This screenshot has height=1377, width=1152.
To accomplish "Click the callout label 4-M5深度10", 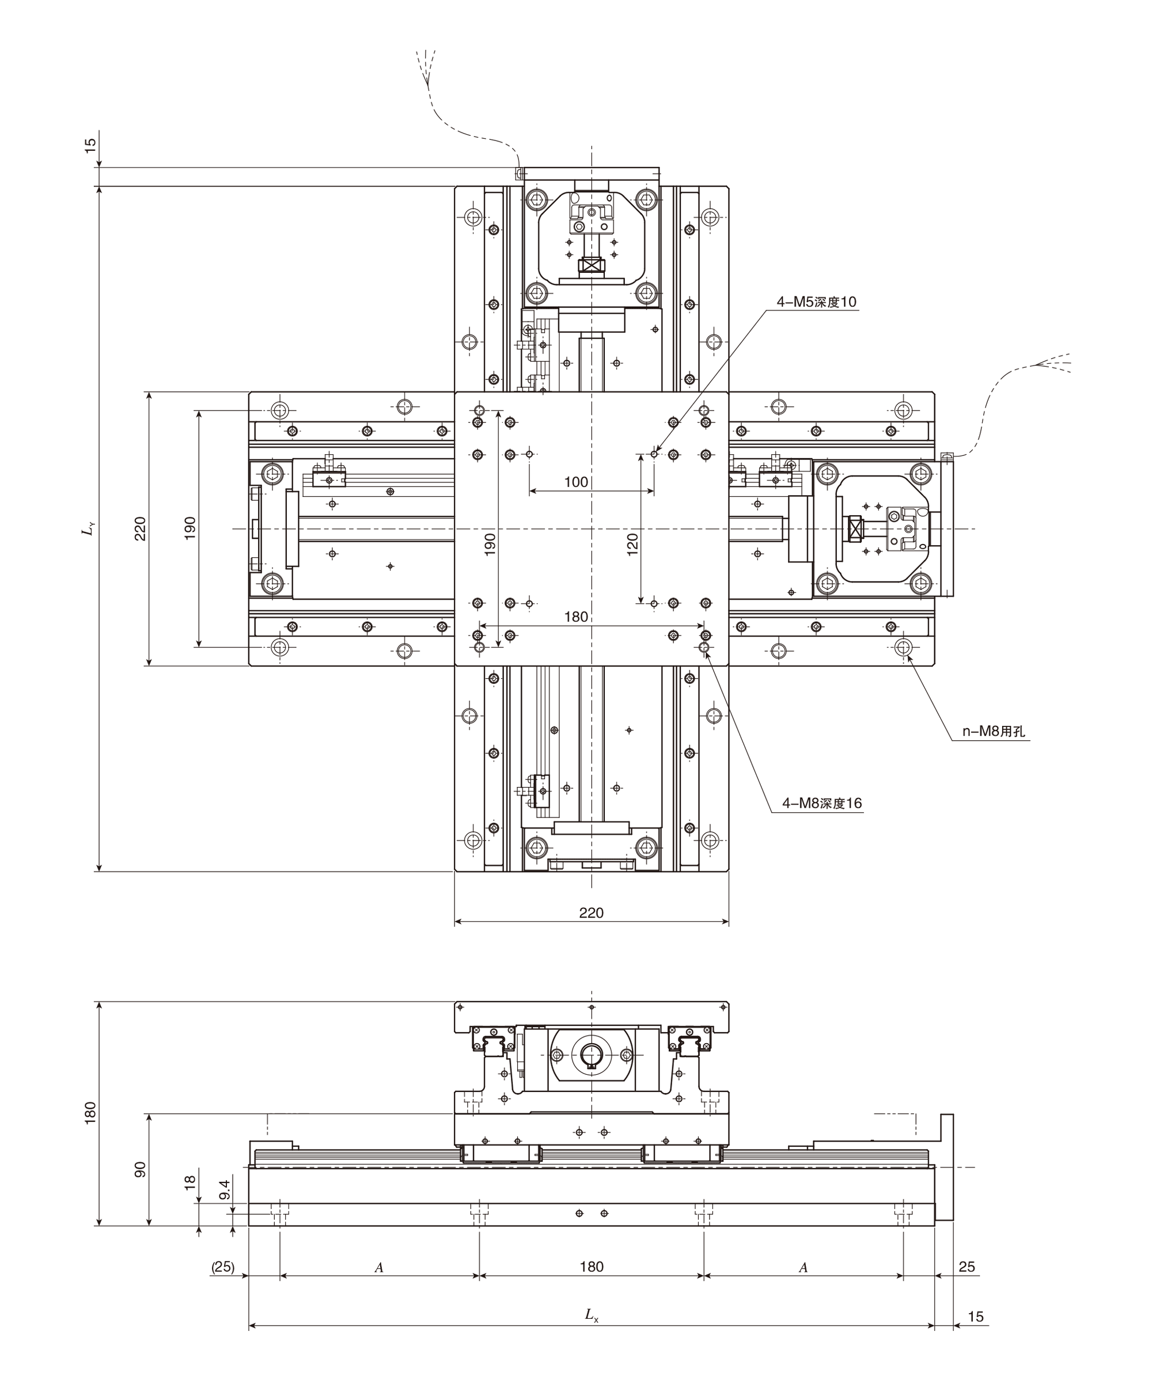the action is [817, 302].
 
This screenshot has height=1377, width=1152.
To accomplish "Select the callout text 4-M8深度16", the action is [822, 803].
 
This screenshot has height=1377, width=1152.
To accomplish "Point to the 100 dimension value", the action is [576, 482].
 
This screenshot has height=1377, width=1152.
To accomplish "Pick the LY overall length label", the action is [88, 528].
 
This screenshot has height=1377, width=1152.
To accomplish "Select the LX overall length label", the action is [592, 1315].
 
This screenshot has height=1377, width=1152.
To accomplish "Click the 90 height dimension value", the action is [141, 1170].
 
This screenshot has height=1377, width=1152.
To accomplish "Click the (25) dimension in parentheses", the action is [222, 1267].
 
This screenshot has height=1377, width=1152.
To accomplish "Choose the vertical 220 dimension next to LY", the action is [141, 528].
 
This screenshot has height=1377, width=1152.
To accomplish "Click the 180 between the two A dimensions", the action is [591, 1267].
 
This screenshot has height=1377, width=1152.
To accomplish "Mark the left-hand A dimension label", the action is [379, 1268].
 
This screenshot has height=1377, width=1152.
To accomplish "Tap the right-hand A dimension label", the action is [803, 1268].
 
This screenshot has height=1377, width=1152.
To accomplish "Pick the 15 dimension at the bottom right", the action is [976, 1317].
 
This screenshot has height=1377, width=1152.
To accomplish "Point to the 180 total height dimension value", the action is [90, 1113].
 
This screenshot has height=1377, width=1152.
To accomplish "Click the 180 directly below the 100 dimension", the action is [576, 617].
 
